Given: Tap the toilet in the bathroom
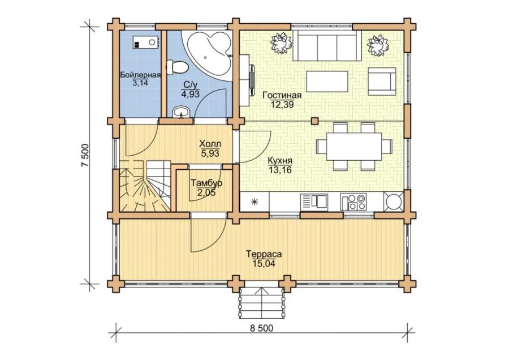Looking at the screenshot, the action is click(177, 67).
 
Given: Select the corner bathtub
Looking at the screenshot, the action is click(208, 53).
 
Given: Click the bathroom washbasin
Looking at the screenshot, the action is click(182, 112).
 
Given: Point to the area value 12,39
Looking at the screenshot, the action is click(282, 104).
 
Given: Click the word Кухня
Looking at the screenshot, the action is click(280, 161).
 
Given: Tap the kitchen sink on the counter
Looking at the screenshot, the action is click(314, 200).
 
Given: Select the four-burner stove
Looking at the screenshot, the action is click(353, 202).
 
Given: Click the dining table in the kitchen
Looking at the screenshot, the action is click(354, 146).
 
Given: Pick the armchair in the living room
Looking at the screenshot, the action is click(382, 82).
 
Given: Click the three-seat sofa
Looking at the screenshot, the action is click(327, 46).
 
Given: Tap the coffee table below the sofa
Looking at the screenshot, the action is click(327, 82).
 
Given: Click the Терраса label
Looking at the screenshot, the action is click(264, 254).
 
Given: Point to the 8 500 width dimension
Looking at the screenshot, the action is click(262, 328).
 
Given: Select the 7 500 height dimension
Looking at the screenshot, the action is click(85, 155).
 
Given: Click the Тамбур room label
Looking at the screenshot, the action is click(206, 183).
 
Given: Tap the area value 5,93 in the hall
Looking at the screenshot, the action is click(210, 153).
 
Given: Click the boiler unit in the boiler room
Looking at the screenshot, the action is click(145, 42).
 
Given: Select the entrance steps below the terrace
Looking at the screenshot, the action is click(262, 303).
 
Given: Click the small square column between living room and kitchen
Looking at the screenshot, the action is click(314, 121).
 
